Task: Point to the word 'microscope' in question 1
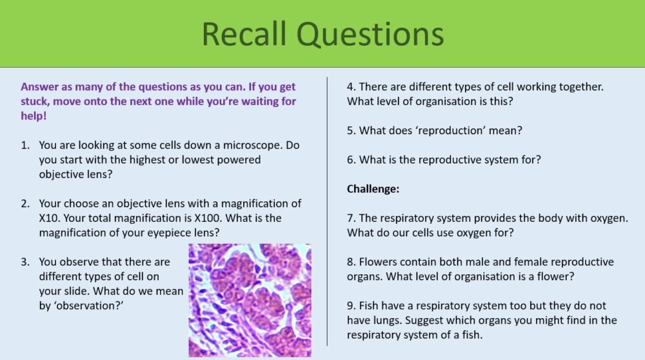248,145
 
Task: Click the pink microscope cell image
250,300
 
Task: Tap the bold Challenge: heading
373,188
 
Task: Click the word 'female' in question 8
532,262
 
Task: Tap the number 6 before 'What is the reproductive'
350,159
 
